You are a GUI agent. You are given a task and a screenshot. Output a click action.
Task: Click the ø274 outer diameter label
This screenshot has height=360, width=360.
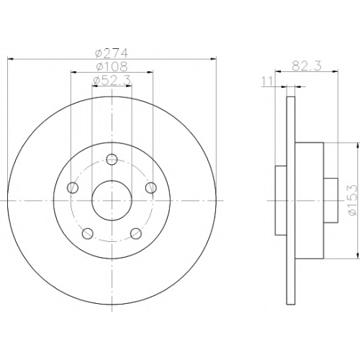point(112,53)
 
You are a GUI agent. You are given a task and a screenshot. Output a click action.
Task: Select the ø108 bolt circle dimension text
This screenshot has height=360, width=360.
point(112,66)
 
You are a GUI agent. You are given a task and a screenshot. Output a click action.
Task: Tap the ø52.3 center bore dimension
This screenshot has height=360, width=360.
point(112,81)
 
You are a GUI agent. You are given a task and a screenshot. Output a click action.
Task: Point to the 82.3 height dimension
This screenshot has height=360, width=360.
point(307,66)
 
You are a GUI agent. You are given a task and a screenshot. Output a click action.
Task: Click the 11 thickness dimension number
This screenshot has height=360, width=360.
point(267,81)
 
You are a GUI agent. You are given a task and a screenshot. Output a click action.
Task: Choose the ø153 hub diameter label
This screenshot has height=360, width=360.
point(352,200)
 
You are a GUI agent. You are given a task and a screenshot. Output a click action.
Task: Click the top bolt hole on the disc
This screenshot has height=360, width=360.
point(112,159)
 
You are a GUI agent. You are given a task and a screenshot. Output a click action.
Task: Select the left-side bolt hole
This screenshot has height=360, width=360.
point(73,188)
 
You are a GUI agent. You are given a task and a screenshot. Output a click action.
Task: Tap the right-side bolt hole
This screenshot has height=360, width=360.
point(151,187)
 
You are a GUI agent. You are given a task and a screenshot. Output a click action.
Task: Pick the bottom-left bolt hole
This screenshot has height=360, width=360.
point(88,233)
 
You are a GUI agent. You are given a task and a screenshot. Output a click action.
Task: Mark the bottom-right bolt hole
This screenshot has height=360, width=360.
point(136,233)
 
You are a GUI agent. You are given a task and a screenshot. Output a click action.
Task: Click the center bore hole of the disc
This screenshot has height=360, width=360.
point(112,200)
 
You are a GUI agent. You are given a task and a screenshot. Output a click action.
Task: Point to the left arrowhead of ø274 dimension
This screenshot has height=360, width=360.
point(11,58)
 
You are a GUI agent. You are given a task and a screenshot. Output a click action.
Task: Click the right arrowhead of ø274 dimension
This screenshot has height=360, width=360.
point(213,58)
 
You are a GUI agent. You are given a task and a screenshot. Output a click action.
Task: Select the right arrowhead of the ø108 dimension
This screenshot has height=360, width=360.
point(150,72)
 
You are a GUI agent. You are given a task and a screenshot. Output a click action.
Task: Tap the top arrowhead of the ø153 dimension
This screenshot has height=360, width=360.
point(359,146)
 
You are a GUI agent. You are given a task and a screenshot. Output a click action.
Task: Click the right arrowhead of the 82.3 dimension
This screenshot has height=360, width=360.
point(335,71)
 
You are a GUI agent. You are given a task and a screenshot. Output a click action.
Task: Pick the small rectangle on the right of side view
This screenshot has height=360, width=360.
point(330,200)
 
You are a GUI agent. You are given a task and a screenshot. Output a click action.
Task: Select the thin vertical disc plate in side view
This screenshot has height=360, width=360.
point(291,200)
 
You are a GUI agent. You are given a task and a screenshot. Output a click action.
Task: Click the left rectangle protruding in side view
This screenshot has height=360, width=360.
point(281,200)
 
